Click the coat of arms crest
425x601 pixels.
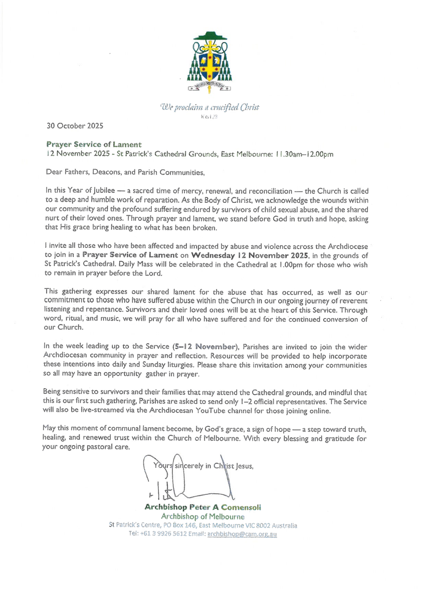click(209, 63)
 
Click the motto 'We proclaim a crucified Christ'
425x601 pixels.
click(209, 107)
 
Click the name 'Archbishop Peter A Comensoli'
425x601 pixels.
click(202, 507)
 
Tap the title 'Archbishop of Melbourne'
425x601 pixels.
click(202, 516)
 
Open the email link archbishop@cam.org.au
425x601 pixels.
click(242, 534)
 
